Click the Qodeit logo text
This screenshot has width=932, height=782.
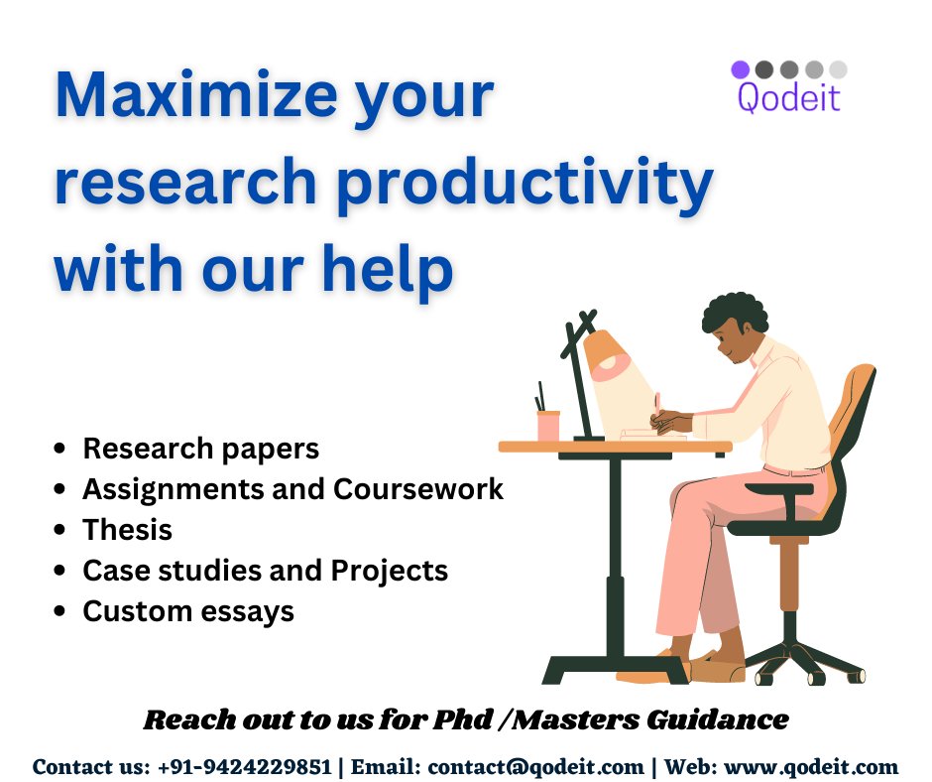click(x=789, y=97)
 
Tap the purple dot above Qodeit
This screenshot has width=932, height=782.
click(x=741, y=69)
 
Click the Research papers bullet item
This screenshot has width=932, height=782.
click(x=200, y=449)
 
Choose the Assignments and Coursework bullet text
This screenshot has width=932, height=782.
click(x=292, y=489)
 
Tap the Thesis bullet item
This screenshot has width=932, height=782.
click(x=127, y=530)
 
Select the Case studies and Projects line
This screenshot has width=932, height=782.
click(x=265, y=571)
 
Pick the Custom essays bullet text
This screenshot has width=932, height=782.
click(x=188, y=611)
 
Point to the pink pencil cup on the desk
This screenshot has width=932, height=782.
click(x=548, y=425)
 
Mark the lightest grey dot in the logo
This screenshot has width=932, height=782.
click(x=838, y=69)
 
